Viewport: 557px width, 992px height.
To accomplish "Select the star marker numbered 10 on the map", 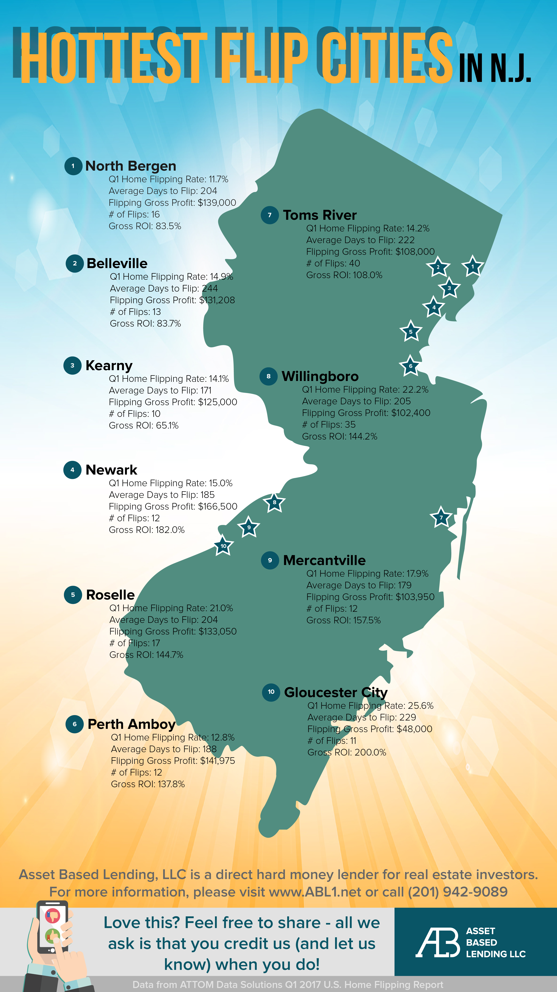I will click(x=223, y=546).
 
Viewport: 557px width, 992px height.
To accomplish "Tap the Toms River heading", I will click(x=320, y=215).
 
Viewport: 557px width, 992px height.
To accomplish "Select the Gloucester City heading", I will click(x=335, y=692).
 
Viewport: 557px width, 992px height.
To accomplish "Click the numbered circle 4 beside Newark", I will click(x=72, y=470).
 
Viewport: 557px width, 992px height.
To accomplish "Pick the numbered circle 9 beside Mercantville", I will click(x=270, y=560).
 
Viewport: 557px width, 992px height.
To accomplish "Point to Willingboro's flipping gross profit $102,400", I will click(x=410, y=413).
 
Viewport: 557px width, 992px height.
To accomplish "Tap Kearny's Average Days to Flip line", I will click(x=160, y=391).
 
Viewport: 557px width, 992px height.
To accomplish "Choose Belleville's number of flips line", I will click(x=135, y=312).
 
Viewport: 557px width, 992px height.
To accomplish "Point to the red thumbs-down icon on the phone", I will click(x=53, y=916).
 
